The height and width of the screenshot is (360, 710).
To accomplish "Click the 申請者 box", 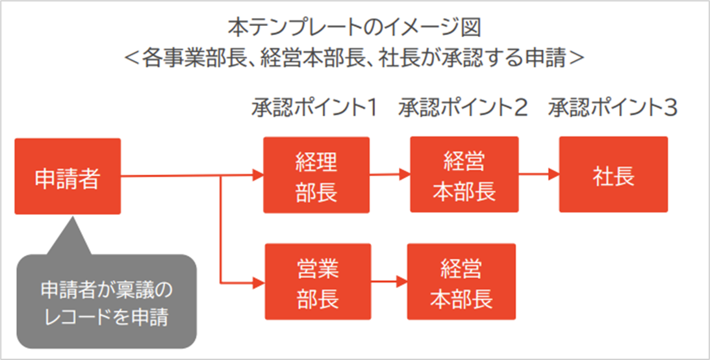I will click(x=68, y=176).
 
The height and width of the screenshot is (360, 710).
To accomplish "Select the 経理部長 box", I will click(x=316, y=175).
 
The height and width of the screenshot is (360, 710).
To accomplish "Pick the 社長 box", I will click(x=613, y=174).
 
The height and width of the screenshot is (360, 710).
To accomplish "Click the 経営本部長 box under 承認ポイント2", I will click(x=464, y=174).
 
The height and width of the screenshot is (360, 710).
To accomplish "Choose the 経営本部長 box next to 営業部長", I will click(x=461, y=280).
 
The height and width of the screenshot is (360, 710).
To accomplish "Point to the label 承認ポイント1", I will click(x=315, y=107).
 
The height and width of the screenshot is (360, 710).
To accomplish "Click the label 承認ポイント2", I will click(x=463, y=107).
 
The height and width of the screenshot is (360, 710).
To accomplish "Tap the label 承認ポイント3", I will click(x=613, y=107).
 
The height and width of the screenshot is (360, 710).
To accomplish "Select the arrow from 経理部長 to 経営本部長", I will click(x=390, y=175).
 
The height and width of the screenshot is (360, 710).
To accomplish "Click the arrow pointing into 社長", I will click(x=539, y=174).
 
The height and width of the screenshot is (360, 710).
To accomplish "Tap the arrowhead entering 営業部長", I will click(x=258, y=282).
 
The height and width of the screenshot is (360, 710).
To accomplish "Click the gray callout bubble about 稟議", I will click(x=104, y=300).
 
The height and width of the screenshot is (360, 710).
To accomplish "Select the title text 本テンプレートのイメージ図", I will click(x=355, y=29).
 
